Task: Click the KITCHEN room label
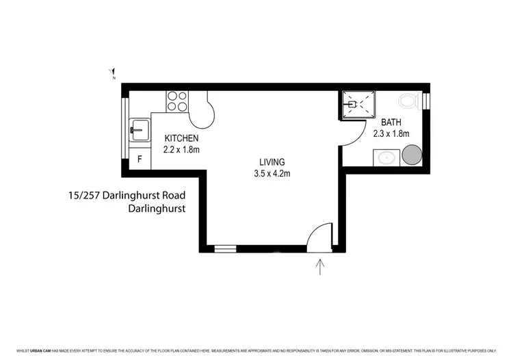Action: click(x=181, y=138)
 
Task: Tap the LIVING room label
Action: click(x=272, y=162)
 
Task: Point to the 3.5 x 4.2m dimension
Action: click(x=272, y=173)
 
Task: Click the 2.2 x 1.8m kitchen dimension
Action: click(x=181, y=149)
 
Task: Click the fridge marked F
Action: click(x=140, y=160)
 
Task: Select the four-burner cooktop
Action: click(x=176, y=101)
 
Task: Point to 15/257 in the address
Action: click(x=83, y=194)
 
